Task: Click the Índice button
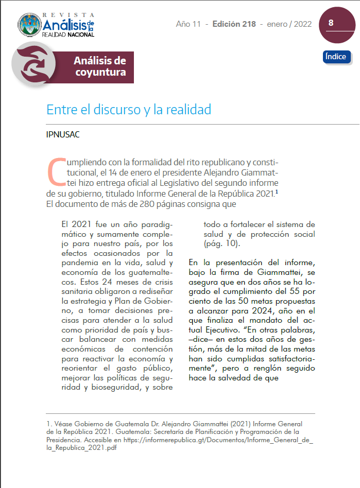[337, 57]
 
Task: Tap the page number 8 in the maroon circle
[331, 23]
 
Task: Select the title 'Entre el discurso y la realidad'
[129, 110]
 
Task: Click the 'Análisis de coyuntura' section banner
[100, 67]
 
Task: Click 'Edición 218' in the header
[234, 24]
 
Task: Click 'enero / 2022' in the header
[289, 24]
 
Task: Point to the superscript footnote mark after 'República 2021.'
[277, 192]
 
